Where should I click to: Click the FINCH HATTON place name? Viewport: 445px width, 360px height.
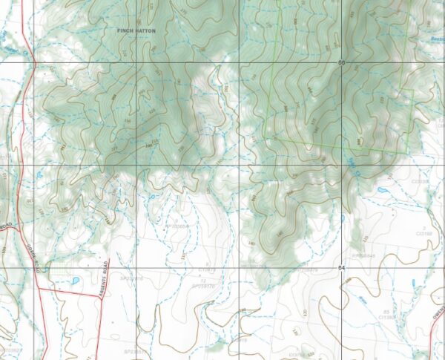tap(136, 31)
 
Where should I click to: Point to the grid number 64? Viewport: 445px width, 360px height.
tap(341, 267)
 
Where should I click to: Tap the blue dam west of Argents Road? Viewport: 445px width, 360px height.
tap(75, 281)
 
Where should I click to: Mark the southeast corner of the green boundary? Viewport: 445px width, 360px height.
tap(406, 153)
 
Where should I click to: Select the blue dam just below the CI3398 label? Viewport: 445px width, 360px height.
tap(382, 190)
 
